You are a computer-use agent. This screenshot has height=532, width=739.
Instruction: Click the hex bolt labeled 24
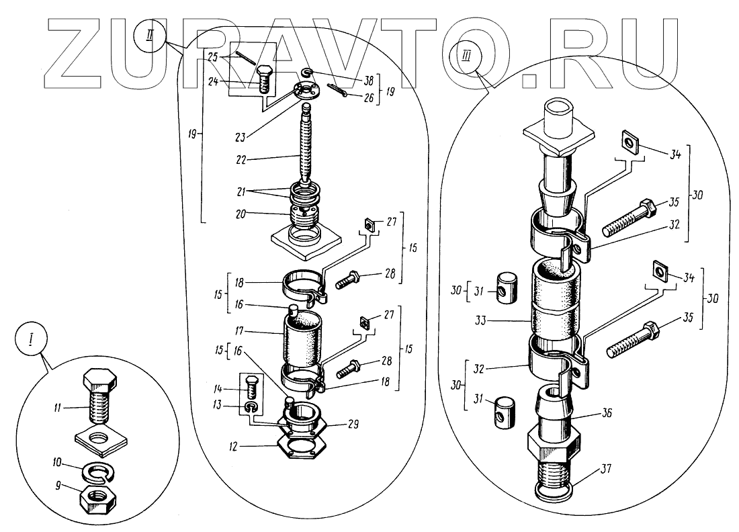tap(265, 79)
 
